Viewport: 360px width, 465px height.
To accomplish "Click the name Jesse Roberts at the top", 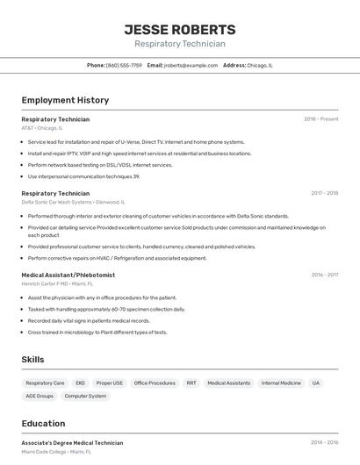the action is click(180, 30).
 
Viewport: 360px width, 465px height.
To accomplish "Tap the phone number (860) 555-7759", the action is click(124, 65).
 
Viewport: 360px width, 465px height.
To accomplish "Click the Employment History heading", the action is click(65, 100).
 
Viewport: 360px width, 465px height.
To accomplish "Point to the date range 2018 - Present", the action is click(321, 119).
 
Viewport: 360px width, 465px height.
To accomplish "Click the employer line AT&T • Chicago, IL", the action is click(42, 128).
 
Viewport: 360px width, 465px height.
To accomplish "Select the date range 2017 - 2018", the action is click(324, 193).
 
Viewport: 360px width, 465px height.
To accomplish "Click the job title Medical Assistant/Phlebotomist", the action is click(68, 275).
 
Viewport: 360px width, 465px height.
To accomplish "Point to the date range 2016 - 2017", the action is click(324, 275).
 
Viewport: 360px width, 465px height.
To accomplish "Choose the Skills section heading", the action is click(33, 360).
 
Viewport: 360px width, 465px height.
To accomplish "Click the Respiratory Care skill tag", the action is click(45, 383).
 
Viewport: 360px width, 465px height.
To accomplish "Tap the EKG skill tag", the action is click(80, 383).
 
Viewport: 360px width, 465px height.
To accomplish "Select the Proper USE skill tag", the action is click(110, 383).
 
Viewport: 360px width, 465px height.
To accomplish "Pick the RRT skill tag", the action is click(191, 383).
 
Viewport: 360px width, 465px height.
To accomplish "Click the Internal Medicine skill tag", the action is click(281, 383).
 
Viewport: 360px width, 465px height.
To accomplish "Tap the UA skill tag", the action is click(316, 383).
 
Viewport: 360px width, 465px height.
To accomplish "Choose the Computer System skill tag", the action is click(85, 397).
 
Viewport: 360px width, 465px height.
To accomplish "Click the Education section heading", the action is click(44, 423).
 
